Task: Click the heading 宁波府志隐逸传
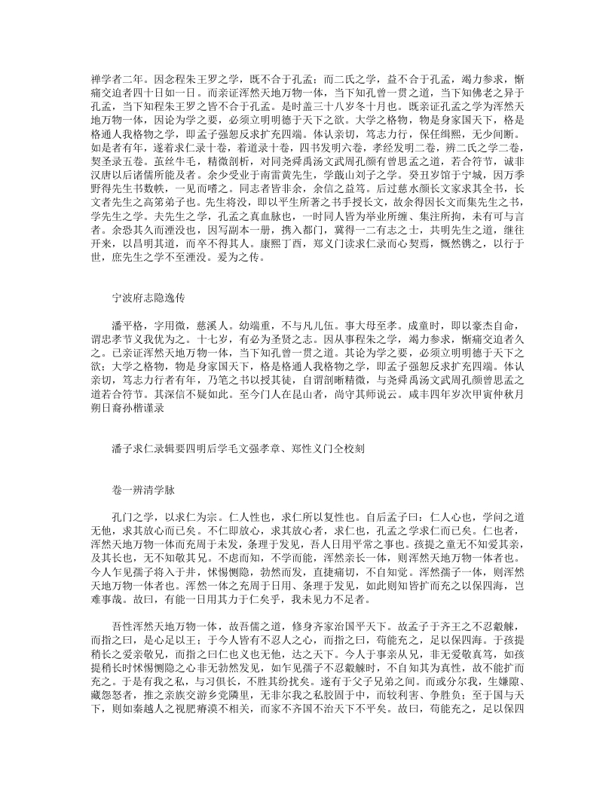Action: (142, 298)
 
